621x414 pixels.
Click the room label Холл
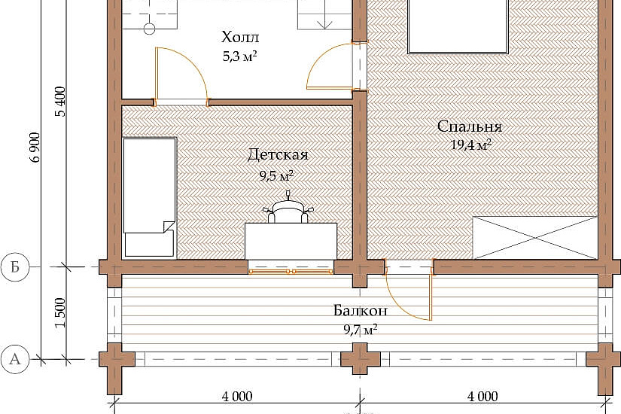(240, 37)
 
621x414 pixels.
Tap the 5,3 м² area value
(240, 56)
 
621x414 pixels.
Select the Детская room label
(278, 155)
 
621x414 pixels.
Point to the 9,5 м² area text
(276, 175)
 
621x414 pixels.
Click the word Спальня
(470, 126)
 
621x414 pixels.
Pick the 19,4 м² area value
(471, 145)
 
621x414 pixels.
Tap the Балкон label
(361, 310)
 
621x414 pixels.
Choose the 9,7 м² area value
(360, 330)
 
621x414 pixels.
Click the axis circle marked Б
(15, 267)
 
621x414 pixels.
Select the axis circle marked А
(15, 359)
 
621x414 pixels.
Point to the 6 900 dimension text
(36, 147)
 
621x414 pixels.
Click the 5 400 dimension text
(61, 102)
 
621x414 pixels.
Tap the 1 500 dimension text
(61, 313)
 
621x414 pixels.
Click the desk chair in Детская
(288, 210)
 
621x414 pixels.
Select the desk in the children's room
(291, 241)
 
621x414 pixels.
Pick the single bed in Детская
(149, 198)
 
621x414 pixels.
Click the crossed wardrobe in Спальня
(534, 238)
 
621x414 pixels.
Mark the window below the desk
(291, 272)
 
